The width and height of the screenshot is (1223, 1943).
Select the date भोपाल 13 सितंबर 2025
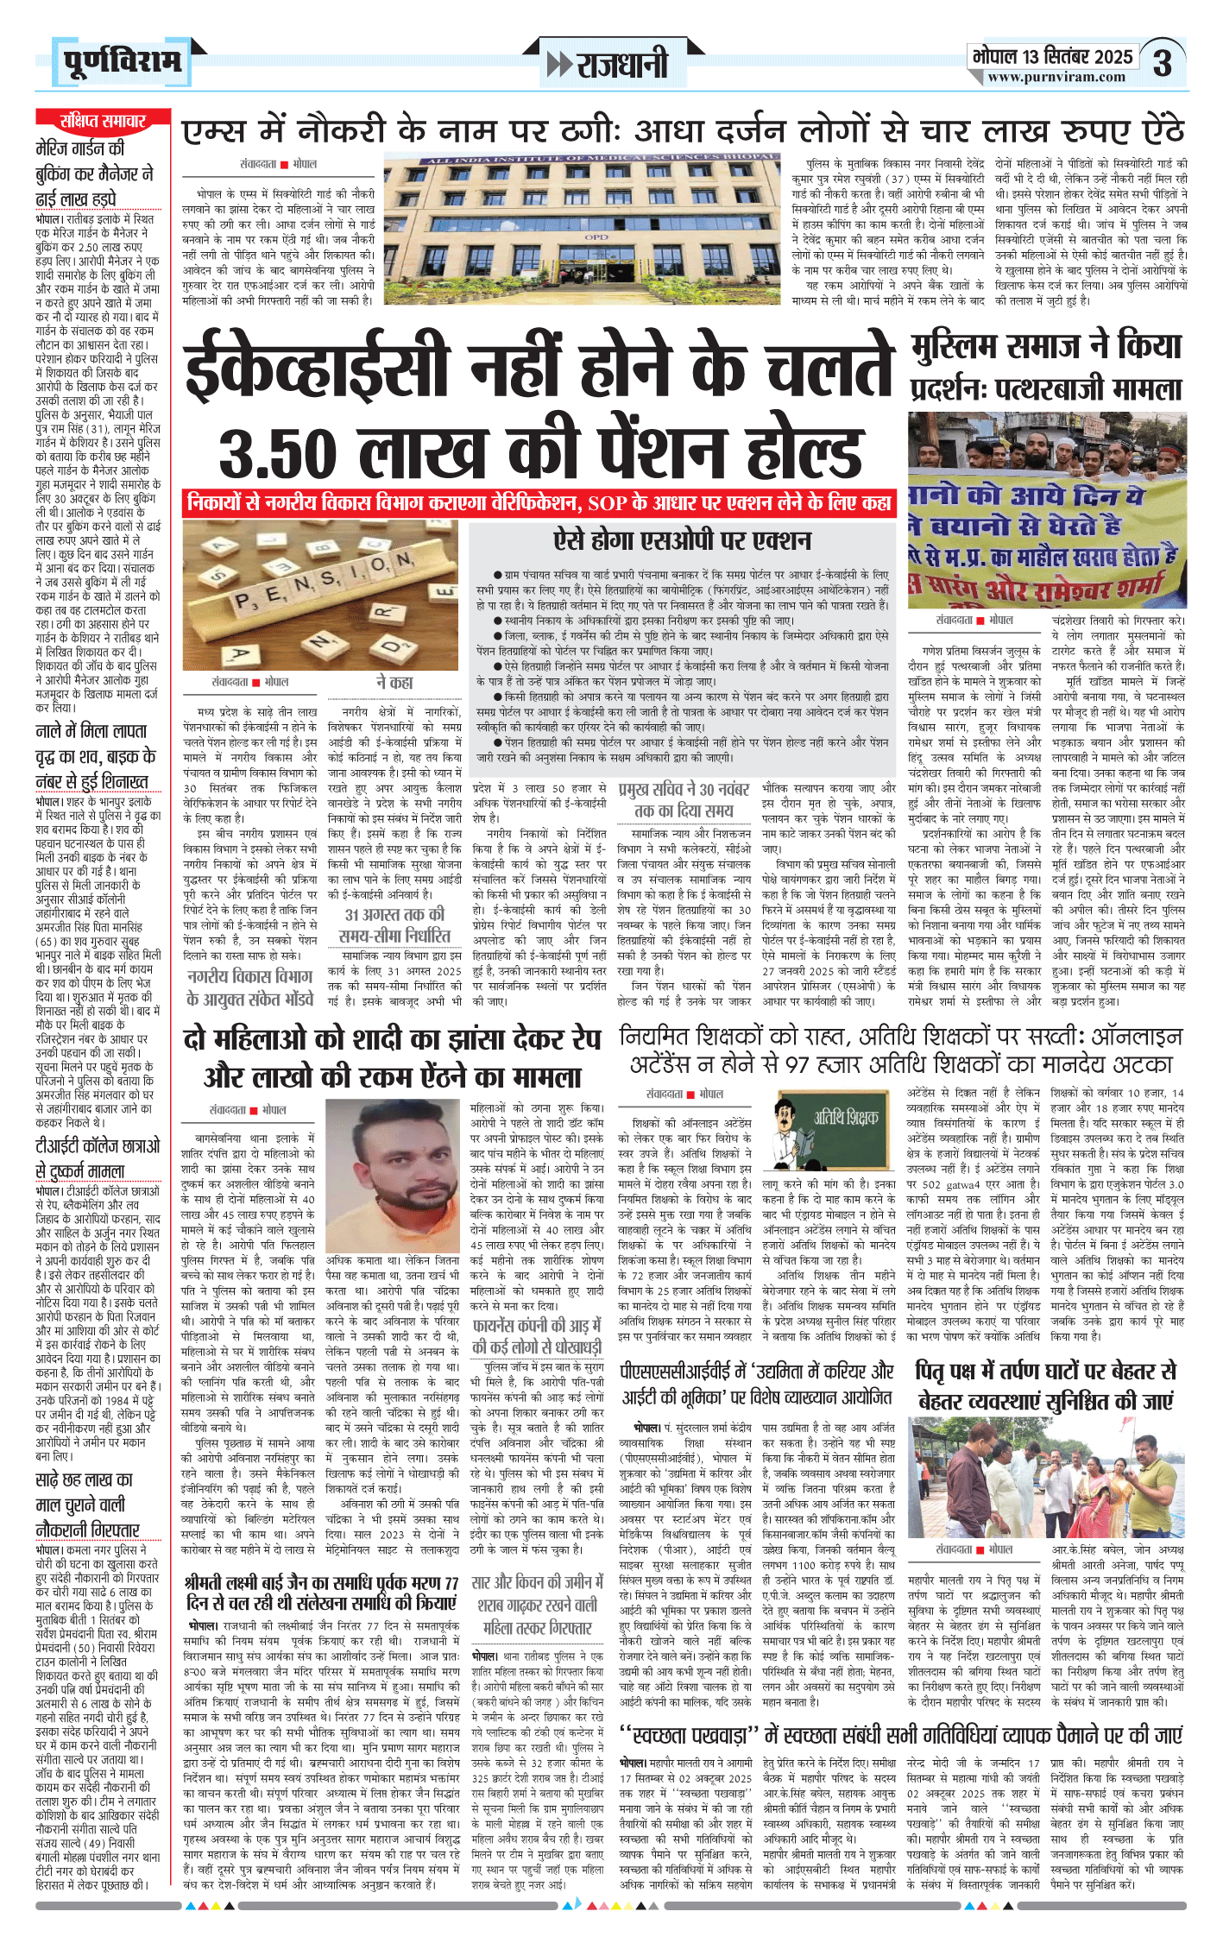[x=1052, y=57]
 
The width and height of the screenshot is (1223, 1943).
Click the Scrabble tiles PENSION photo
[x=321, y=594]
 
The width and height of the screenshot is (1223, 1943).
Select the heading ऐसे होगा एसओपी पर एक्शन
[x=682, y=541]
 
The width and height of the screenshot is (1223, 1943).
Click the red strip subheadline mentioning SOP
[x=539, y=502]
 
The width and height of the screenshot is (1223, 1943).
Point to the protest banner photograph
[x=1047, y=510]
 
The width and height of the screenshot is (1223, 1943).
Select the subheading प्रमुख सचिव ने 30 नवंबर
[x=683, y=800]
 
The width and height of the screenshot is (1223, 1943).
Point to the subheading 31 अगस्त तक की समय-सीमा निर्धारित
[x=394, y=924]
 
